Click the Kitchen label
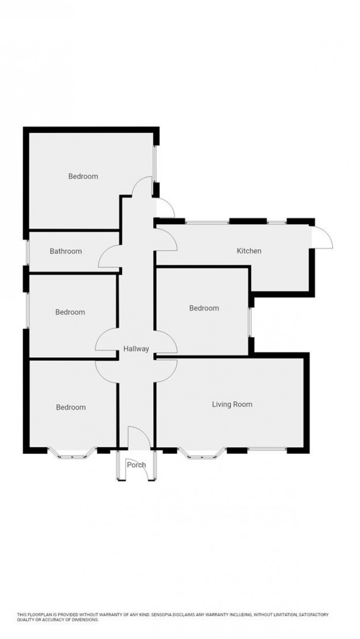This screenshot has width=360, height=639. coord(249,251)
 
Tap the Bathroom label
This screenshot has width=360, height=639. coord(66,251)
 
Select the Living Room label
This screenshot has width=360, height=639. coord(232,404)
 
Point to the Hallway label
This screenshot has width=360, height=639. coord(136,349)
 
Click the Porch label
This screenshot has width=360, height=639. coord(136,465)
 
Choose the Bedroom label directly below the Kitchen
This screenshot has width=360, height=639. coord(204,308)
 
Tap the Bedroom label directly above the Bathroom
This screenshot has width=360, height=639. coord(83,176)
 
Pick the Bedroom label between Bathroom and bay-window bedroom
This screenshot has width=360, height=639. coord(70,312)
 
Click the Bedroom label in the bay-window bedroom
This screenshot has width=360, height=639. coord(71,407)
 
